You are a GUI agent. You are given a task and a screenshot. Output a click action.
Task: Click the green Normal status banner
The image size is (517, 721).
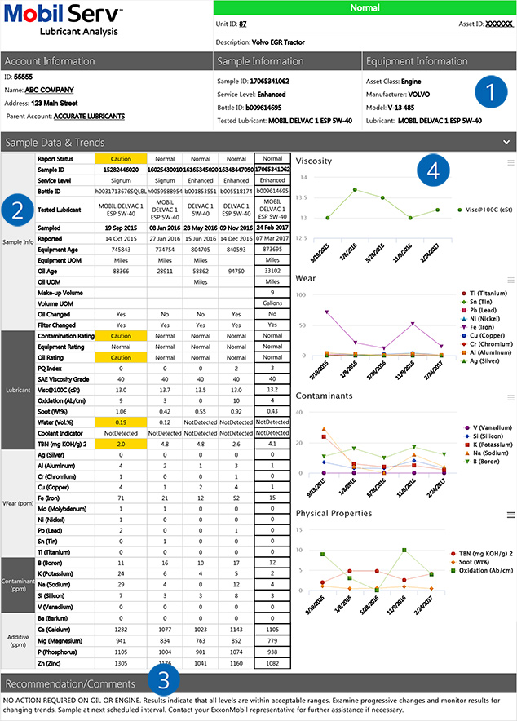365,7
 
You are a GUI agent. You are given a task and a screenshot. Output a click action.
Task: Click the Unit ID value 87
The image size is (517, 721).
242,24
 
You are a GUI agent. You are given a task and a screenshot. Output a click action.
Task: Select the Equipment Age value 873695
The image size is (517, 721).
273,250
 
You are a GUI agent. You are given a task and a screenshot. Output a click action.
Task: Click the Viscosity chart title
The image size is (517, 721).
314,161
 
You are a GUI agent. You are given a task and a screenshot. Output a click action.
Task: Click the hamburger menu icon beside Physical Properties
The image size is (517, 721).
510,515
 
